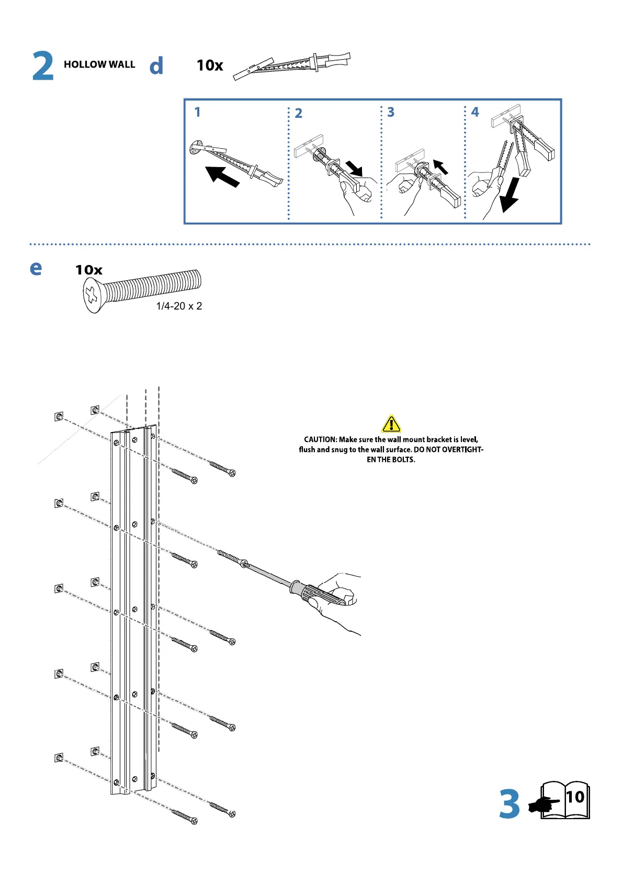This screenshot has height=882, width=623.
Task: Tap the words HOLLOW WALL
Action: (99, 64)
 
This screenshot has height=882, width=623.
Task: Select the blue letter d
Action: (156, 66)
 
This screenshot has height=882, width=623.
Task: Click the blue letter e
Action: (36, 268)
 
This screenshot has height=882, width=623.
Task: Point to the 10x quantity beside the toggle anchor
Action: (210, 65)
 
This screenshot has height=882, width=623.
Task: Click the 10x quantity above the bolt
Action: (88, 270)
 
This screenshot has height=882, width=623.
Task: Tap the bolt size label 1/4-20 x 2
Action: (179, 306)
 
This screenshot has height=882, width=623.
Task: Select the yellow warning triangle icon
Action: (391, 423)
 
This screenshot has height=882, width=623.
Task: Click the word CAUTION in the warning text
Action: (320, 439)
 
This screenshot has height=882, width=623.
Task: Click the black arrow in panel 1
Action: (222, 176)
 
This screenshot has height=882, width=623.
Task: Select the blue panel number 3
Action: (391, 112)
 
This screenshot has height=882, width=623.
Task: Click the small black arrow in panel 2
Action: (355, 168)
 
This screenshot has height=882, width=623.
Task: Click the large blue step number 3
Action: (509, 804)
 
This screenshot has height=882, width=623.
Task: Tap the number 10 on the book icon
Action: (575, 797)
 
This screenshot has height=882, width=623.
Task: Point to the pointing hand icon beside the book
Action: (542, 805)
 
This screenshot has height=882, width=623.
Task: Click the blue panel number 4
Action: (475, 112)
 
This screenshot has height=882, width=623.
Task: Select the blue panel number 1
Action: (197, 112)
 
